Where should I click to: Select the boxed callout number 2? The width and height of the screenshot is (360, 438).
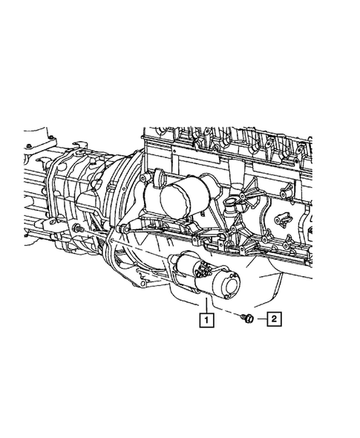273,320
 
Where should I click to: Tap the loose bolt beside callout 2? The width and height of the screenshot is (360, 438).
247,318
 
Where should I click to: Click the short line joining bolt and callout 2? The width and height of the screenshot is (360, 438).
260,320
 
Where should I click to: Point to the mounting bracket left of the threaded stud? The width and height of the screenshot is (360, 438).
59,223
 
